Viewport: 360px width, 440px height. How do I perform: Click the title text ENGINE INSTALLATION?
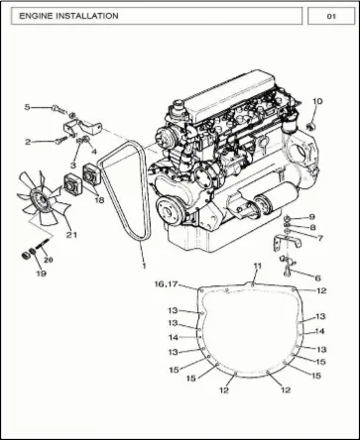68,16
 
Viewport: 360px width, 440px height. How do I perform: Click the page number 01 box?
331,16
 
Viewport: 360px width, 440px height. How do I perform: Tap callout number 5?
28,107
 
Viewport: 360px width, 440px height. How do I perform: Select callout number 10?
317,101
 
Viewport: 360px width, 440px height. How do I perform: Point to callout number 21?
71,235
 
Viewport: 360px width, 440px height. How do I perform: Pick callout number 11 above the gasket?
258,266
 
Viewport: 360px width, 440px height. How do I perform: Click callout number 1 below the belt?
144,266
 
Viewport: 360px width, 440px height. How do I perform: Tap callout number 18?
99,200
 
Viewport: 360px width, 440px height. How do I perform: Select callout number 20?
49,260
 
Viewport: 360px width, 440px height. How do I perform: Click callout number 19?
41,274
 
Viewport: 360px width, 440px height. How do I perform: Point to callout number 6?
317,278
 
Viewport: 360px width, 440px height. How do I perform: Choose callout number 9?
311,217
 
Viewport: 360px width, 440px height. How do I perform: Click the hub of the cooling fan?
41,199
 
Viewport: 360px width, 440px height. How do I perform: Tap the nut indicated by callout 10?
309,126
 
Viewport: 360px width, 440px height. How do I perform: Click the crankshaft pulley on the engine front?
171,210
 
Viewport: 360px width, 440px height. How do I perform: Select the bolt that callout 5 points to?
60,109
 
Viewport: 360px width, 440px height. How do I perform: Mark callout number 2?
28,142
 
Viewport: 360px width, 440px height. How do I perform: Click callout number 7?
319,238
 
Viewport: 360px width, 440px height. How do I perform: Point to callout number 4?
94,152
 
